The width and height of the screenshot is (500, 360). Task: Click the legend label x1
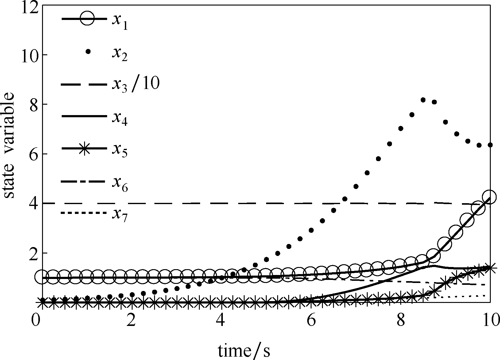[119, 21]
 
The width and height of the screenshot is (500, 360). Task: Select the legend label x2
[119, 54]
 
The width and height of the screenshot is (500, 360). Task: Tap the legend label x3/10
[135, 84]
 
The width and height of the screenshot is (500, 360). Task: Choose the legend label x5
[119, 151]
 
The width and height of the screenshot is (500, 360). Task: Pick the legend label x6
[119, 184]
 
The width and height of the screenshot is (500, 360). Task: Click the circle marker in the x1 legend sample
[87, 19]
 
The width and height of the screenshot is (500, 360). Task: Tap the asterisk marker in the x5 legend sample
[87, 149]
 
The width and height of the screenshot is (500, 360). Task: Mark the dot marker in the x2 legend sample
[88, 52]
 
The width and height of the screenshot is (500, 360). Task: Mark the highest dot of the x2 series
[423, 100]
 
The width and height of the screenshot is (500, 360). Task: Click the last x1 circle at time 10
[489, 197]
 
